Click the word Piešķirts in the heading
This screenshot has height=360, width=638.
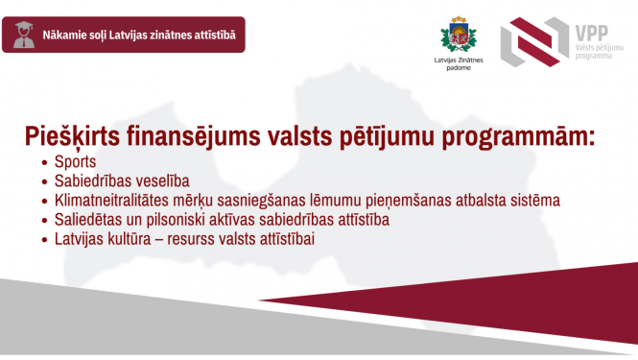click(78, 137)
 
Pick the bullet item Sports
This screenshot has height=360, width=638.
click(76, 162)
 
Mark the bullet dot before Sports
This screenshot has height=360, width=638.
click(43, 163)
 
